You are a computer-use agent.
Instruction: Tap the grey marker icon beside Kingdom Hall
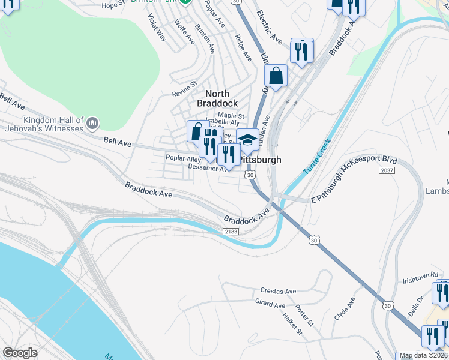[92, 124]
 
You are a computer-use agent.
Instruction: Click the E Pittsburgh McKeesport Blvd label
[354, 180]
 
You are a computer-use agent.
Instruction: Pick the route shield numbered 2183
[231, 232]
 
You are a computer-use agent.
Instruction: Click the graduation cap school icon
[247, 140]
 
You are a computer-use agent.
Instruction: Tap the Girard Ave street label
[270, 305]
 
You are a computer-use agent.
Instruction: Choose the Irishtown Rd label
[420, 277]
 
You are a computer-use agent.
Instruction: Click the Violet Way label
[158, 27]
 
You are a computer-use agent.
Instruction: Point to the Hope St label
[112, 5]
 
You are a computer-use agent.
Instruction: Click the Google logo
[20, 353]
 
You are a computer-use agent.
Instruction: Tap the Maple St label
[231, 115]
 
